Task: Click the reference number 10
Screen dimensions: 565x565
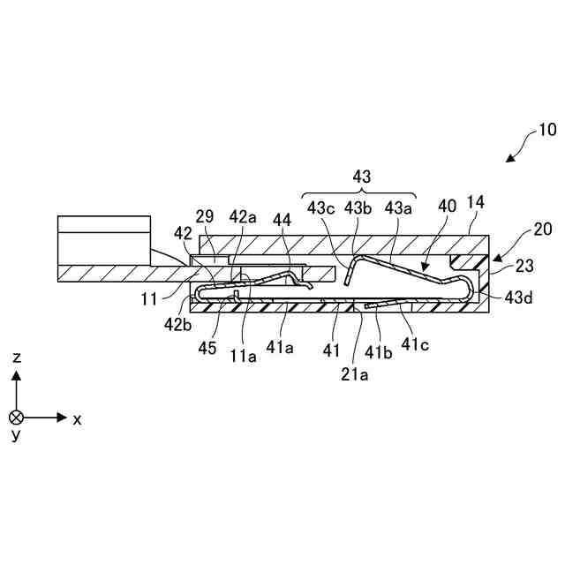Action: tap(546, 130)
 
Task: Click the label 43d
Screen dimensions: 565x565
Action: tap(519, 298)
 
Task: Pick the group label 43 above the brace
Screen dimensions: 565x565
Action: tap(362, 177)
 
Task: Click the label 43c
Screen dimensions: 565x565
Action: tap(320, 208)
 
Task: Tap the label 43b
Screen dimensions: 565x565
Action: tap(358, 208)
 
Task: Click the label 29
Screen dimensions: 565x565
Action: tap(204, 216)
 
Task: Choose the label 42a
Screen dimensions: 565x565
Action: tap(243, 216)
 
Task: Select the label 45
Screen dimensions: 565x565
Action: tap(207, 349)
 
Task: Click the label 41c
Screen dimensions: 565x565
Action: tap(416, 345)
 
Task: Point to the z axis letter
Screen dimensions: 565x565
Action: tap(17, 357)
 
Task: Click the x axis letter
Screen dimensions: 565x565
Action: tap(77, 419)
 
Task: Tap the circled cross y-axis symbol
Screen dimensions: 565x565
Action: tap(17, 417)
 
